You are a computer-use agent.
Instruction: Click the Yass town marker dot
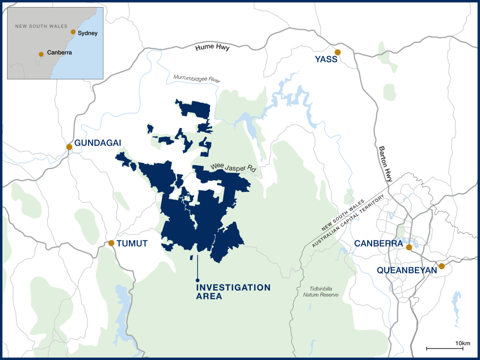337,52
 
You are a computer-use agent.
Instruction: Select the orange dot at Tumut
111,243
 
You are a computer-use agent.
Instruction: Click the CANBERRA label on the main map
378,244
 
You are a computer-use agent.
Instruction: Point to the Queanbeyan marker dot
441,266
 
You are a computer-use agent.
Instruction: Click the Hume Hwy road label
213,47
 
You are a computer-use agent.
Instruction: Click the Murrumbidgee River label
196,78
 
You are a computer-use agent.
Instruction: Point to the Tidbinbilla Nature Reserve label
320,292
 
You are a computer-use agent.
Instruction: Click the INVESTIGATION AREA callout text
233,291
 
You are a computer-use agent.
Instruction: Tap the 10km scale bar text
462,344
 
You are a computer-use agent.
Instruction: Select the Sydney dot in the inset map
73,32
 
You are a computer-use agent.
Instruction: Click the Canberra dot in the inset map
41,54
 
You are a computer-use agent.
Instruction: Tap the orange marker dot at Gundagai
69,147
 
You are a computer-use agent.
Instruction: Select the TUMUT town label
132,243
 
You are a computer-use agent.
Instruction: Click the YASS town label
327,60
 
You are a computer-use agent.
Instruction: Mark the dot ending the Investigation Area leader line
198,280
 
